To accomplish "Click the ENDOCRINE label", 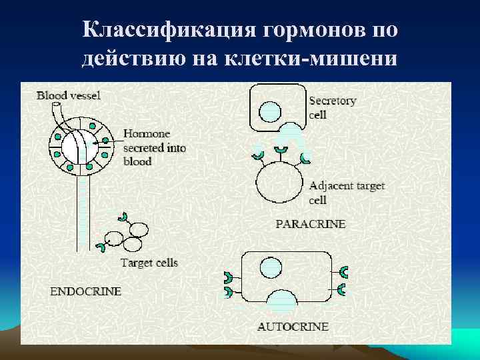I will point(86,291).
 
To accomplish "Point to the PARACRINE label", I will point(311,224).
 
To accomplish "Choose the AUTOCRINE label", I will point(293,327).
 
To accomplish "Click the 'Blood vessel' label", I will point(69,95).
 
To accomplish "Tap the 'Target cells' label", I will point(149,263).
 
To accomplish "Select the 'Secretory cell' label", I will point(332,107).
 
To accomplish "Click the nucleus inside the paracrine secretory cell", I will point(269,111).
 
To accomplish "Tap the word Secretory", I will point(333,101).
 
